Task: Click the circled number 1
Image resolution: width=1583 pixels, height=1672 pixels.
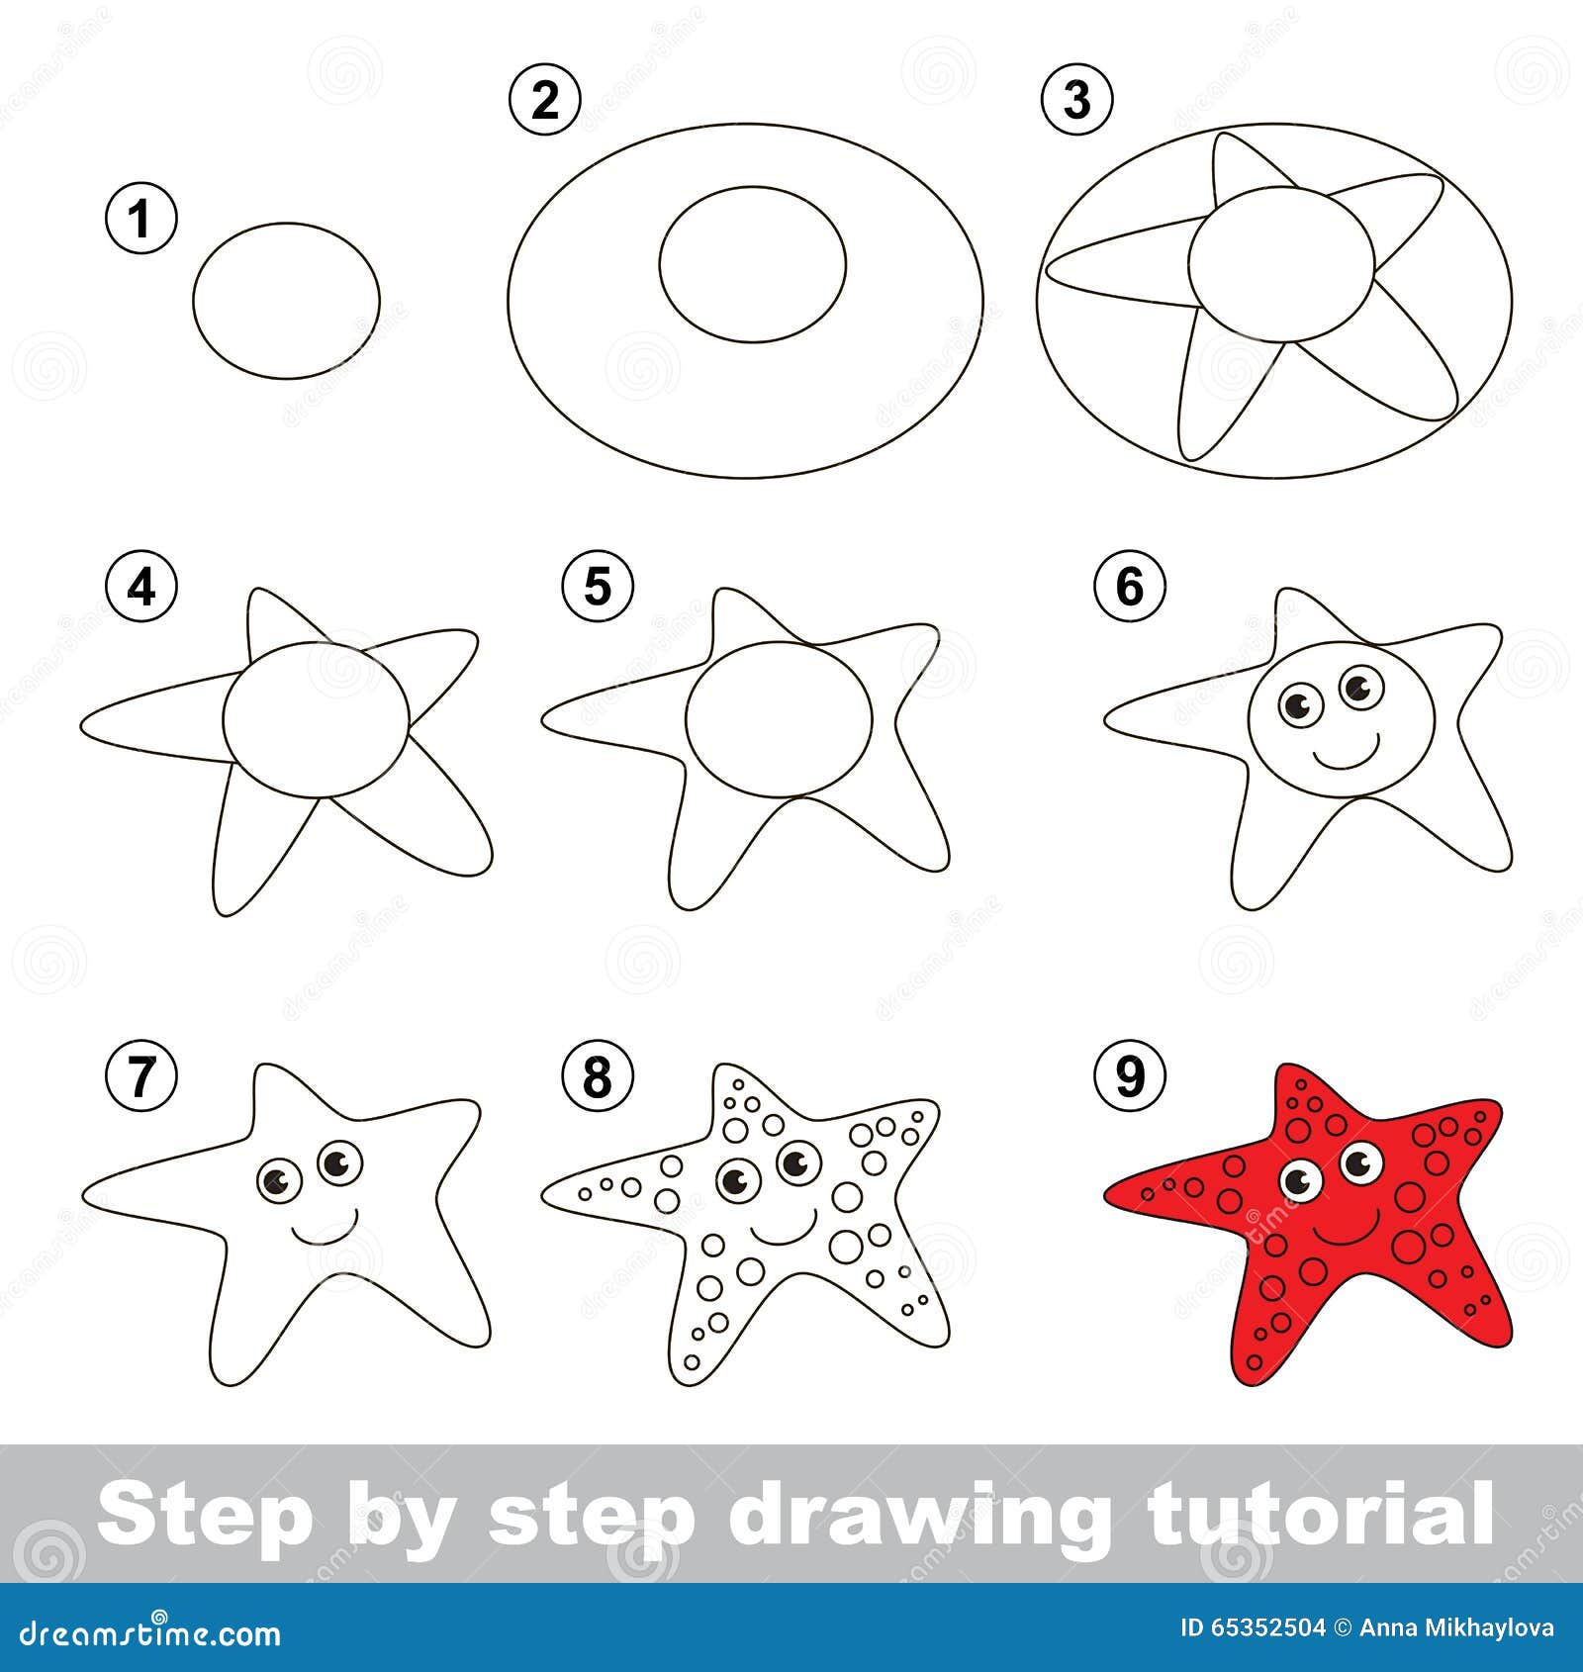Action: tap(141, 218)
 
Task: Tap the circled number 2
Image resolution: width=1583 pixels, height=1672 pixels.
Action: tap(544, 99)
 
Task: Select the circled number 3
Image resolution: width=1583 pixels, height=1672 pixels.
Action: tap(1076, 99)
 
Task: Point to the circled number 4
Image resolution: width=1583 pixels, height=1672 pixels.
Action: tap(141, 587)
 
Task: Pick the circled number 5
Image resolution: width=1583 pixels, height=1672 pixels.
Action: tap(597, 587)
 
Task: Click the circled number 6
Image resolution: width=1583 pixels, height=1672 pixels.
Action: tap(1129, 587)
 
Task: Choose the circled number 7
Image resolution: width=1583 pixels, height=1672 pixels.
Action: tap(141, 1076)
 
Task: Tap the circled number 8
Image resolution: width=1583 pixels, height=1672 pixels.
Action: tap(597, 1076)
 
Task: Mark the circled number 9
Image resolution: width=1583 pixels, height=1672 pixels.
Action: tap(1129, 1076)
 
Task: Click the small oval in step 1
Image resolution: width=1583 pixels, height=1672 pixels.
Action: tap(286, 301)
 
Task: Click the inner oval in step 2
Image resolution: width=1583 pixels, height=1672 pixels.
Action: tap(753, 263)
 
